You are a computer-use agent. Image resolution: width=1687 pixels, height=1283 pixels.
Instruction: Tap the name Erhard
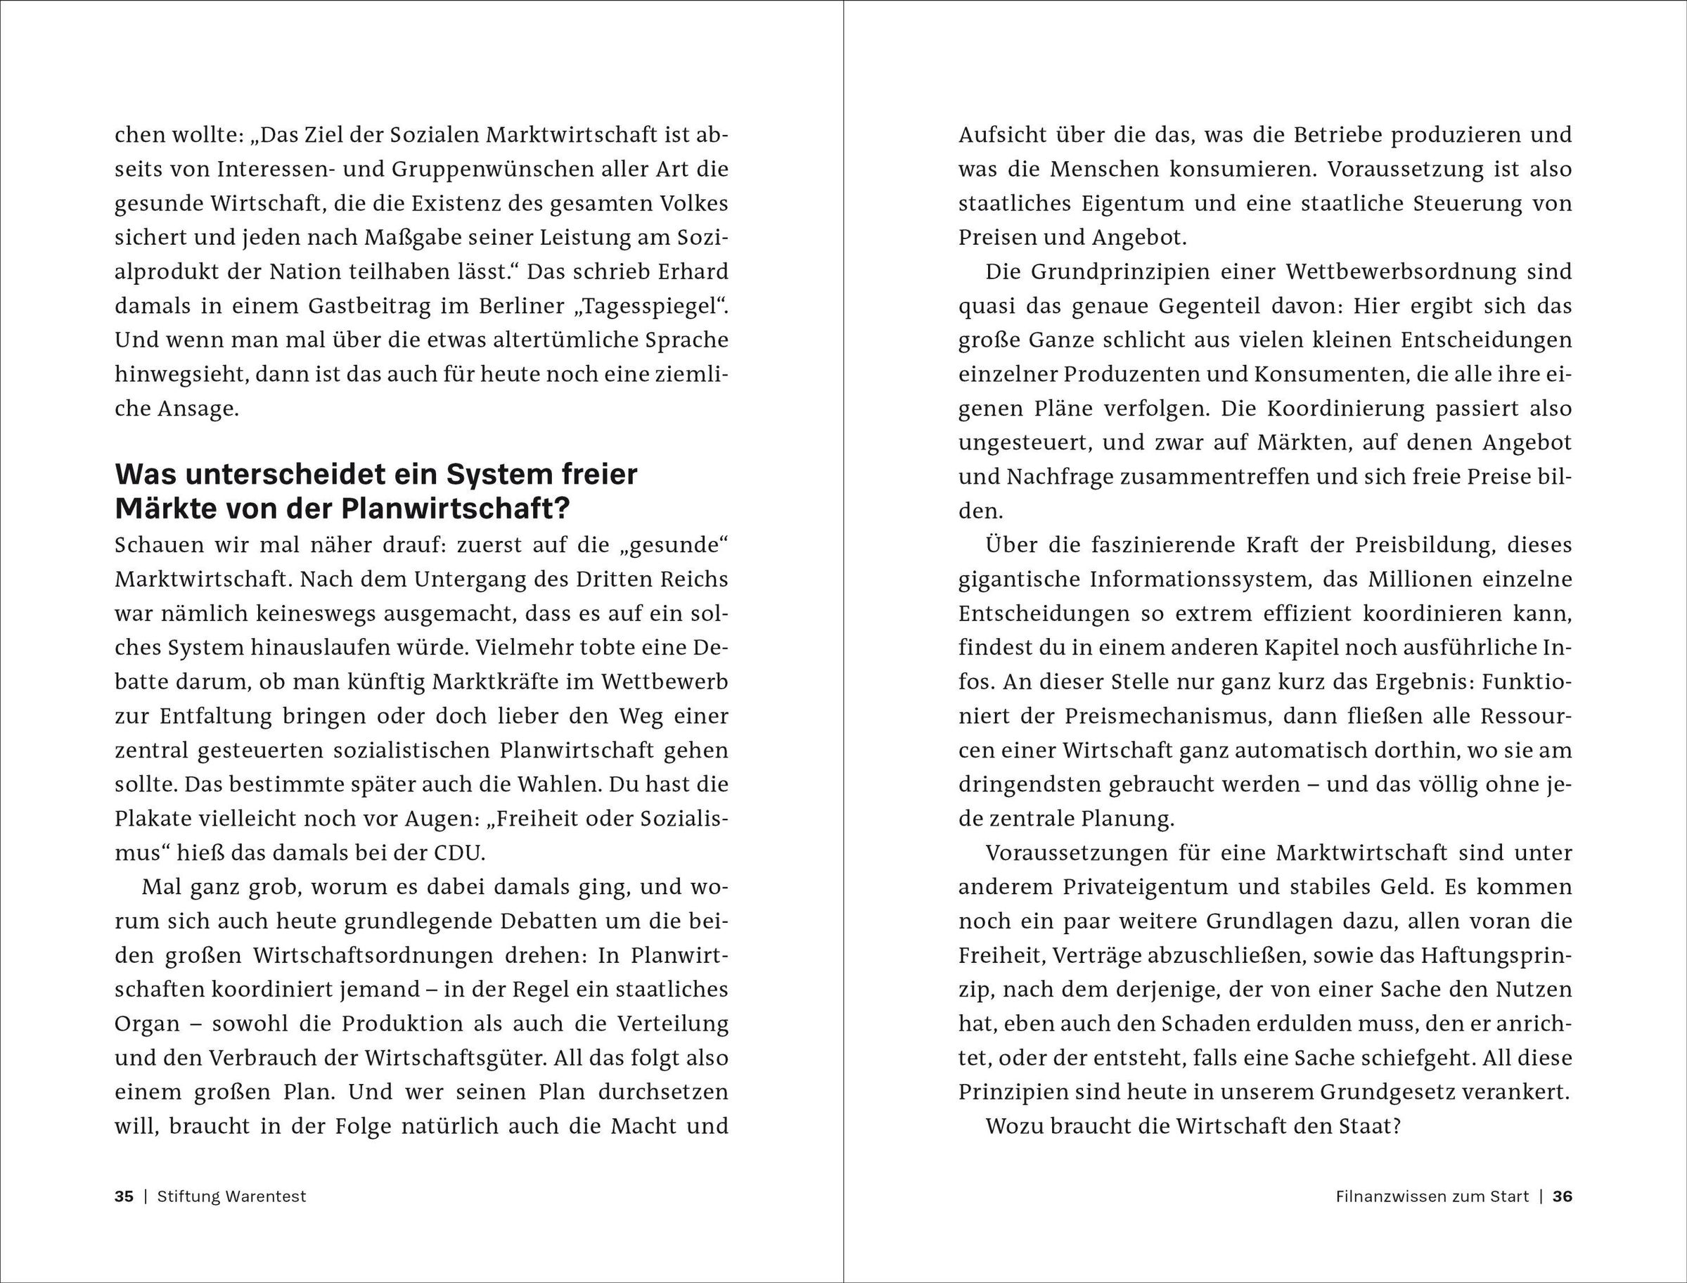(695, 272)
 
